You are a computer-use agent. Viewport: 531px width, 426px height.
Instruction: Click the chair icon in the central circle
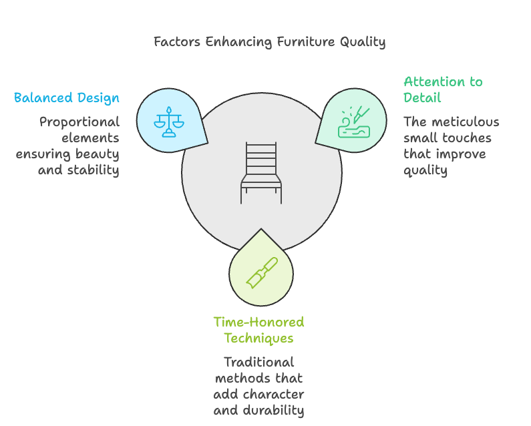pyautogui.click(x=262, y=172)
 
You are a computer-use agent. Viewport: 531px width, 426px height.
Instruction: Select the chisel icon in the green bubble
pyautogui.click(x=261, y=272)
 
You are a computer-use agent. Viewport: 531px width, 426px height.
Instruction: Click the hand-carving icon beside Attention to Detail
pyautogui.click(x=353, y=121)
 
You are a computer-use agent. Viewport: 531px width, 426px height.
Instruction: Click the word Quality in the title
pyautogui.click(x=363, y=41)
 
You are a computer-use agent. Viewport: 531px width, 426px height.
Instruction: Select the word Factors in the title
pyautogui.click(x=176, y=41)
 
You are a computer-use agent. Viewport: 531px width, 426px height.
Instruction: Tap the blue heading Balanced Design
pyautogui.click(x=67, y=98)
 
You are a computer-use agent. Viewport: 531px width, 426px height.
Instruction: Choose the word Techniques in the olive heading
pyautogui.click(x=258, y=338)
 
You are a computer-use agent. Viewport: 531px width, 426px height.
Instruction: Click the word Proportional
pyautogui.click(x=79, y=122)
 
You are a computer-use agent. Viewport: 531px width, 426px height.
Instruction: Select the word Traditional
pyautogui.click(x=258, y=363)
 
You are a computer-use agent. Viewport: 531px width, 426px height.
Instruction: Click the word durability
pyautogui.click(x=273, y=410)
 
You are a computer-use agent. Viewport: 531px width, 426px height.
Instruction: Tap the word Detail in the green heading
pyautogui.click(x=422, y=98)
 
